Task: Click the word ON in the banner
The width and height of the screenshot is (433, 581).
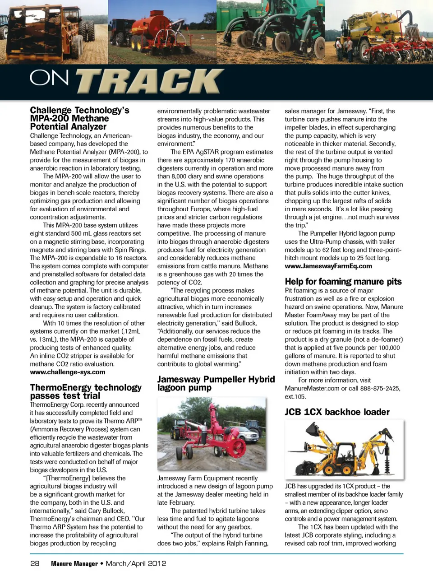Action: [49, 78]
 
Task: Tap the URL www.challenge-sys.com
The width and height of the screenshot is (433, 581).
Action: [68, 372]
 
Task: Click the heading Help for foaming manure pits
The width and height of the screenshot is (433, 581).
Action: [343, 282]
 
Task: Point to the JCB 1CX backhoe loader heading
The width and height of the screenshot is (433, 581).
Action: [337, 412]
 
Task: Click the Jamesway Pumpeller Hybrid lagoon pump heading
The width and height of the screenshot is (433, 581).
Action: [216, 383]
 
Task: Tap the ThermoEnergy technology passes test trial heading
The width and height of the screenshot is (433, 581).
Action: [86, 391]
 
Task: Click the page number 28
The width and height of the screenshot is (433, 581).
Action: [35, 563]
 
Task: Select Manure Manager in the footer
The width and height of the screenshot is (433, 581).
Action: [74, 563]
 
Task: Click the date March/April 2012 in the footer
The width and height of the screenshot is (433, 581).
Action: [136, 563]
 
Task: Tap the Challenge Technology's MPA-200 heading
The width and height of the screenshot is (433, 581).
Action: [79, 118]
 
